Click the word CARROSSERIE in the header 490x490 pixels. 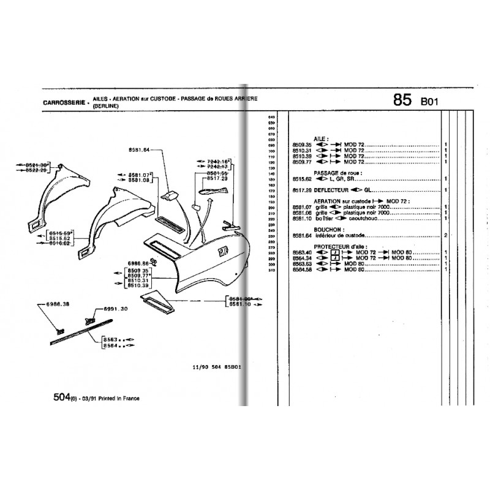(64, 103)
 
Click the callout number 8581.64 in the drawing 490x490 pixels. (140, 150)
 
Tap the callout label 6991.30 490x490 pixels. (116, 310)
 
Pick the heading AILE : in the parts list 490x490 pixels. (321, 140)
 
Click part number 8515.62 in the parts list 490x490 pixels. (302, 179)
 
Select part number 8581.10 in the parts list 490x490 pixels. (302, 218)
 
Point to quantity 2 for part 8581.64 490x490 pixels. (445, 235)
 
